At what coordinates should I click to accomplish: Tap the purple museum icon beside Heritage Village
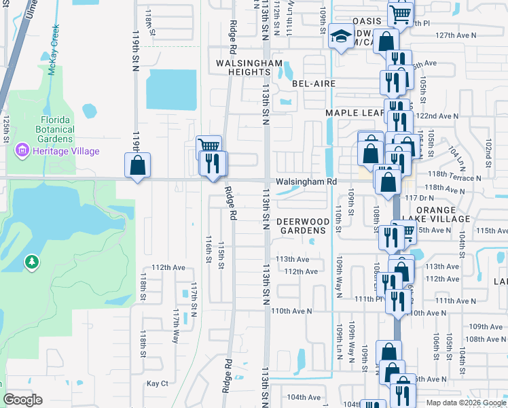[22, 150]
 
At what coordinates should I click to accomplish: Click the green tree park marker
[31, 262]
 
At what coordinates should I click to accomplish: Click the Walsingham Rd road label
[306, 182]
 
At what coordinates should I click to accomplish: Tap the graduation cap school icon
[340, 37]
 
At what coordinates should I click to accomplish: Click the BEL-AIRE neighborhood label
[314, 84]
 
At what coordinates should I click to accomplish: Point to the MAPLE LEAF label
[350, 113]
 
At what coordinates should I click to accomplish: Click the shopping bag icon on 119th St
[137, 165]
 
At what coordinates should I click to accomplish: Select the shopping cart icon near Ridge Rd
[209, 146]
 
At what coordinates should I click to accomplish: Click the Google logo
[22, 400]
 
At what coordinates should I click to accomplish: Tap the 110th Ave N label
[291, 311]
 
